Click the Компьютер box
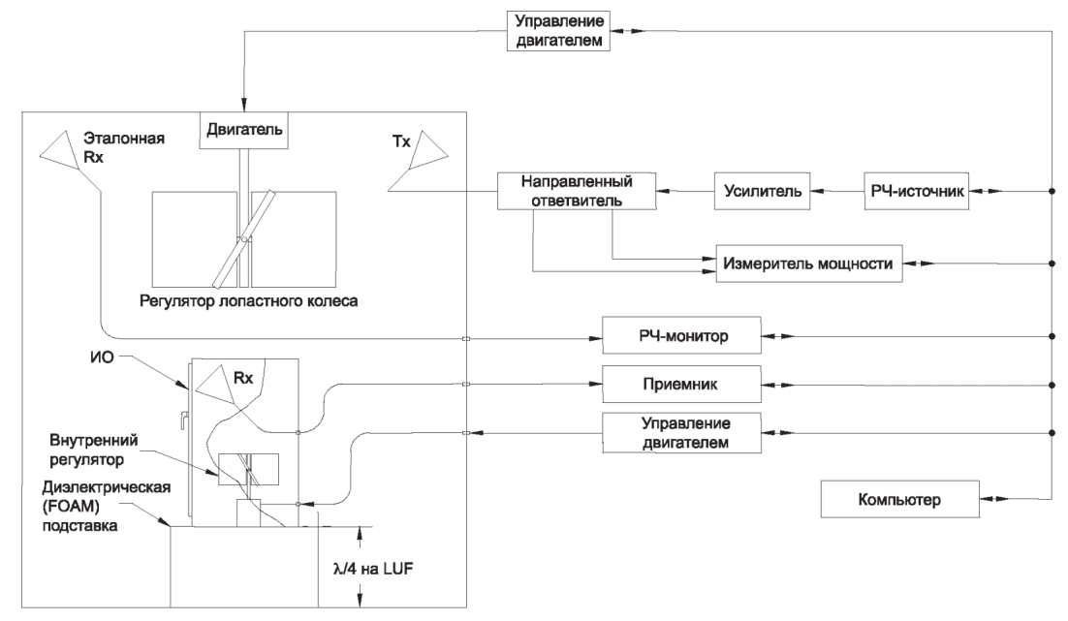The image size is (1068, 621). click(899, 500)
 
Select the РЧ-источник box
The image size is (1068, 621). click(916, 191)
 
